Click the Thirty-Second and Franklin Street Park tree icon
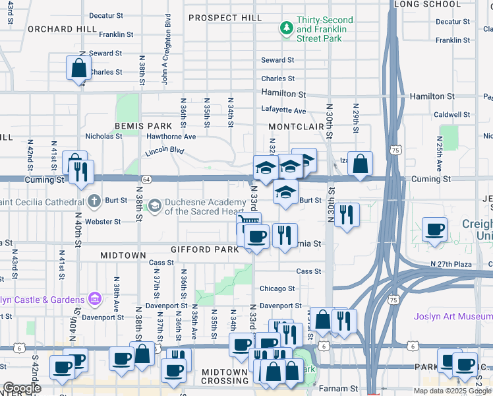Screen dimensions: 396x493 286,28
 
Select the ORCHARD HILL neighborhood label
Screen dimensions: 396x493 62,30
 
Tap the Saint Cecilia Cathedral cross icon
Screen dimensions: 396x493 94,200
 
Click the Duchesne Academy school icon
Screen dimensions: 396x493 154,206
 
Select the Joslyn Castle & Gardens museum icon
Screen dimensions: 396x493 94,300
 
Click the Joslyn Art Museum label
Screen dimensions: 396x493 452,315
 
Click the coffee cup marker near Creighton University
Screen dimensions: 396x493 434,229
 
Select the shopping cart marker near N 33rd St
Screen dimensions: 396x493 249,222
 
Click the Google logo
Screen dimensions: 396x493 22,388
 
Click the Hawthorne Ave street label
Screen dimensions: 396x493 171,137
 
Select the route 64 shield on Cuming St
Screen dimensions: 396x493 145,179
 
